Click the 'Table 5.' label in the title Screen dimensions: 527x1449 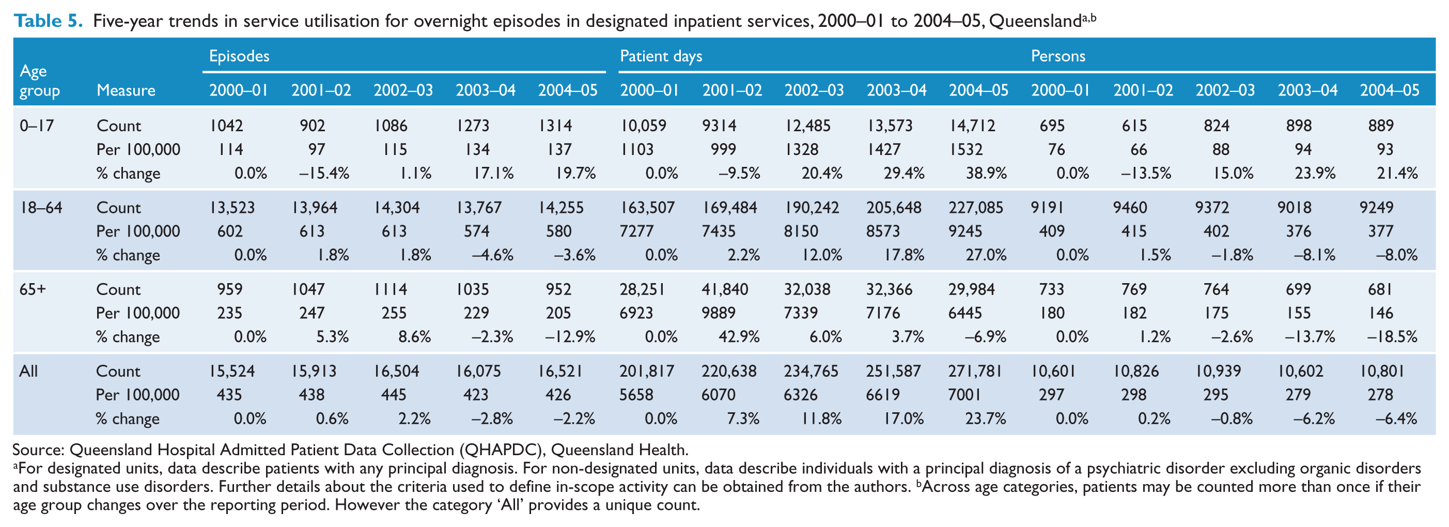pos(49,21)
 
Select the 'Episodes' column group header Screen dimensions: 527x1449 pos(239,56)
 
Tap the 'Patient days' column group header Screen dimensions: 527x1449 pos(661,56)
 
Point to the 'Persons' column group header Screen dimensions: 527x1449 pos(1058,56)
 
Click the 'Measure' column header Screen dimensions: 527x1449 pos(126,90)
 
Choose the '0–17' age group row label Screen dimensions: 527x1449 pos(37,126)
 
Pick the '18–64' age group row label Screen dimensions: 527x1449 pos(41,208)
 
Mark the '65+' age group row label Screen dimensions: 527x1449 pos(33,290)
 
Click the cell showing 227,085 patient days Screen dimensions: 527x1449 pos(976,208)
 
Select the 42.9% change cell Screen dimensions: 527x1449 pos(739,337)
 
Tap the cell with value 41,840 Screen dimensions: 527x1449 pos(724,290)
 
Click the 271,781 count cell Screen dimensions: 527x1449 pos(975,371)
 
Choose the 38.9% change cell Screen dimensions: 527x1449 pos(986,173)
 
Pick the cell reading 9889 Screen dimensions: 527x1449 pos(719,313)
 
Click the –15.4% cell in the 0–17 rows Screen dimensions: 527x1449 pos(324,173)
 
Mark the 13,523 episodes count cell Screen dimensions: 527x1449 pos(232,208)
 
